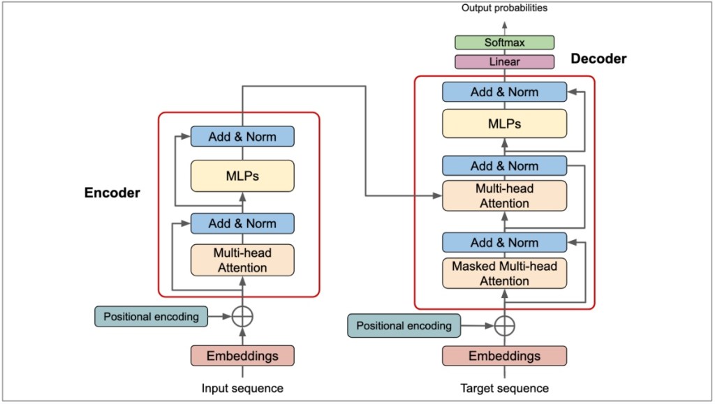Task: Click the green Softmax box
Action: (x=504, y=43)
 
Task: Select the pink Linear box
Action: (x=504, y=61)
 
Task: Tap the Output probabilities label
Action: (x=504, y=8)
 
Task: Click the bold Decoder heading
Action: (x=598, y=59)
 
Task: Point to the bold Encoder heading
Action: (x=112, y=193)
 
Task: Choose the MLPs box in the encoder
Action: (x=242, y=176)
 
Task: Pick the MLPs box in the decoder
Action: (x=504, y=124)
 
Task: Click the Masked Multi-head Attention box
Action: (x=504, y=274)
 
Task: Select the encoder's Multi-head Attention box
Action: (x=242, y=260)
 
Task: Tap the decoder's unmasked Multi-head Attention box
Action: (x=504, y=195)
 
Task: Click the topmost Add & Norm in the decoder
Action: (x=504, y=92)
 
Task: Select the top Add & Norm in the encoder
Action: (x=242, y=137)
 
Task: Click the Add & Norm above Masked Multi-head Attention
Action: (x=504, y=243)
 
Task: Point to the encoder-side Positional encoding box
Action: (x=152, y=316)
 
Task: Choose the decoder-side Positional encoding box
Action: (x=404, y=325)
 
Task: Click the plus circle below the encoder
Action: (x=242, y=316)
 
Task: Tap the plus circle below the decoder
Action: (x=504, y=325)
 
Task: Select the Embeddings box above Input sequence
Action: (x=242, y=356)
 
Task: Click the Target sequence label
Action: (x=504, y=388)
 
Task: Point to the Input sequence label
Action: (x=242, y=388)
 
